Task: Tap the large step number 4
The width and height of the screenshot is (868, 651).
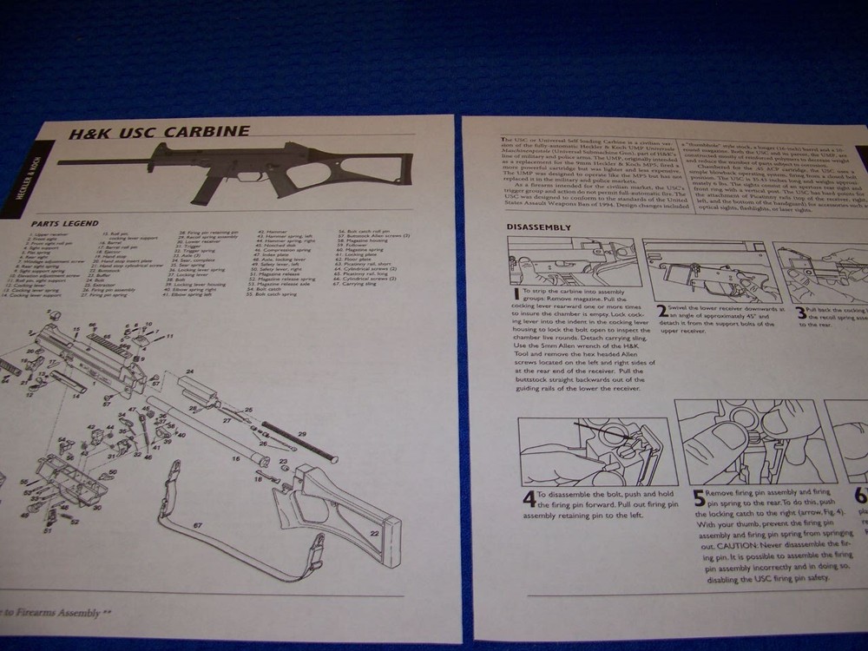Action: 529,500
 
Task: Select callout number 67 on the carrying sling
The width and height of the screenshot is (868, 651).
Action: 197,525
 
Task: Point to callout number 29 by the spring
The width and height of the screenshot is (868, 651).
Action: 302,431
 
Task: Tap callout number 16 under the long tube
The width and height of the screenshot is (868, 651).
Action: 235,459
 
